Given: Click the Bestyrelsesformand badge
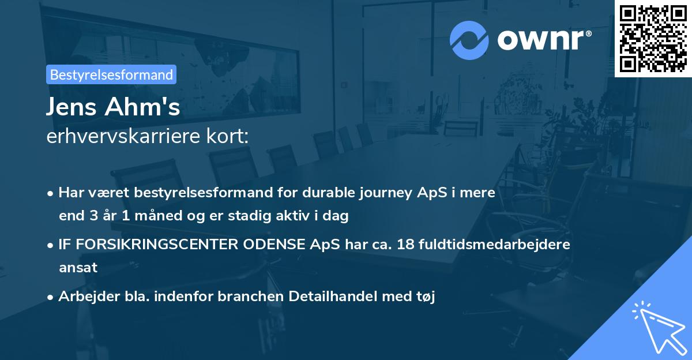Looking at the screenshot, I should click(111, 75).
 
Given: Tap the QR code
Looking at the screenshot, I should click(653, 39).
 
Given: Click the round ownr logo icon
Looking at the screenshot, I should click(469, 40).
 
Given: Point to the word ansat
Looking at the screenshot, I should click(78, 268).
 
